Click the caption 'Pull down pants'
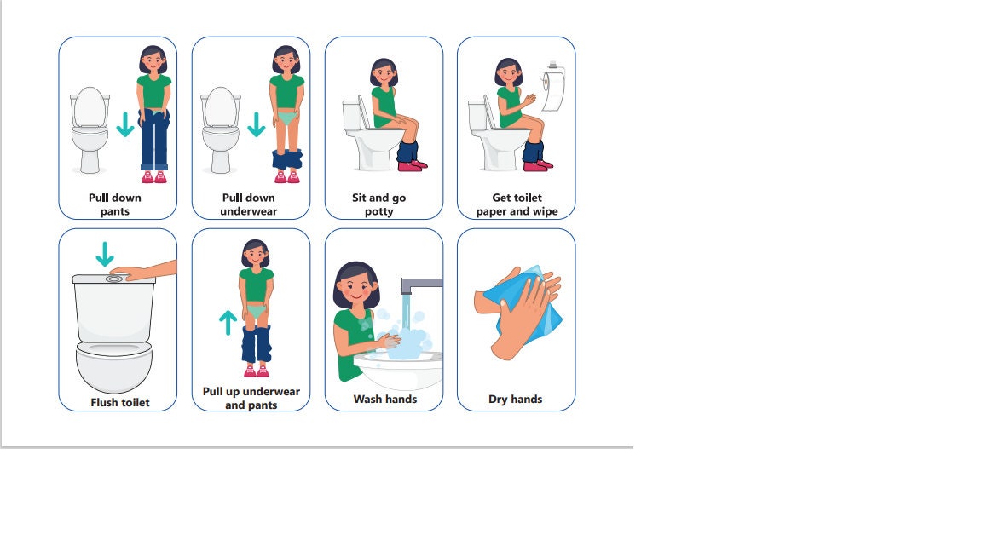(x=115, y=204)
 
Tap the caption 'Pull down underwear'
(x=249, y=204)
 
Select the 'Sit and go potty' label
(x=379, y=204)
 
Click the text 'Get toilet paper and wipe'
(x=517, y=204)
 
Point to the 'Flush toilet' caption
(x=120, y=402)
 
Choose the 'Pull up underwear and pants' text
(x=251, y=398)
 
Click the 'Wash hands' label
(x=385, y=399)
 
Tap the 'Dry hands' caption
(x=515, y=399)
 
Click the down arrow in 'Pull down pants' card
(x=125, y=124)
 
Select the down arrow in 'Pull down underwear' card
(x=256, y=124)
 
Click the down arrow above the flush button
(x=105, y=254)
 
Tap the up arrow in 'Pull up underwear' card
(x=228, y=322)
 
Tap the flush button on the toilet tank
(x=113, y=278)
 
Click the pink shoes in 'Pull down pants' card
(x=153, y=177)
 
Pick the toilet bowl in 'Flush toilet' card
(x=114, y=366)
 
